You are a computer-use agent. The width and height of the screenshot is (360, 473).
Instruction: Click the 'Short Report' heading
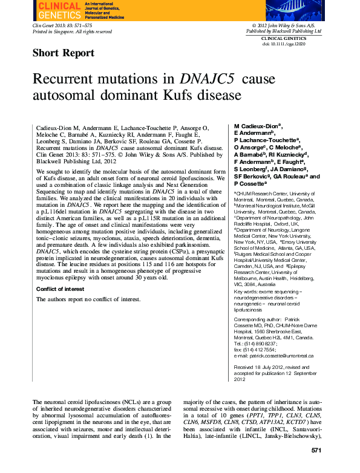click(x=63, y=53)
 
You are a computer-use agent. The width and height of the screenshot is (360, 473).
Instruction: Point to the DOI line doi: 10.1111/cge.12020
click(x=284, y=44)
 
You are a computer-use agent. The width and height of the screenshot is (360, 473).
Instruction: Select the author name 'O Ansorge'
click(x=249, y=146)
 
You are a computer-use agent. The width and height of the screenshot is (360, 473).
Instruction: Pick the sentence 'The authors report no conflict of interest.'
click(x=88, y=299)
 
